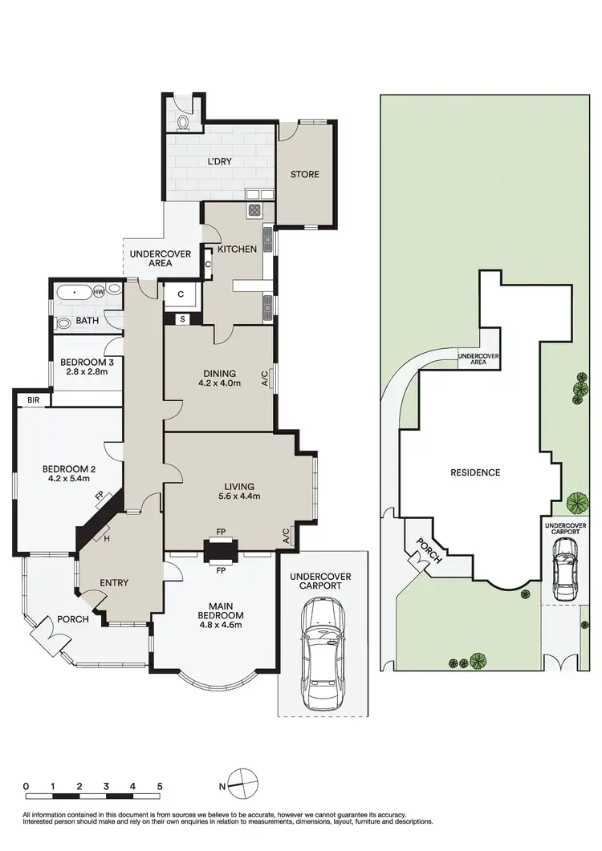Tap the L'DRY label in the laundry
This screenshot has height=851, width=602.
(219, 161)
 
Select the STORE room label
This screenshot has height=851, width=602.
(304, 174)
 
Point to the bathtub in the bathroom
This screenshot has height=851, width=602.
(74, 294)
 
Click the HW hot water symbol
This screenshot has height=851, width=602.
(99, 293)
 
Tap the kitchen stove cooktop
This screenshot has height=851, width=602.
(255, 211)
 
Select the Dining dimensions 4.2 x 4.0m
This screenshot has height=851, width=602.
(219, 384)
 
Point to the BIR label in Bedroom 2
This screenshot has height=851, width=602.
(33, 399)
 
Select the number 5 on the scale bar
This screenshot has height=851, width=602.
(160, 786)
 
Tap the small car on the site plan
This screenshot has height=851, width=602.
(566, 569)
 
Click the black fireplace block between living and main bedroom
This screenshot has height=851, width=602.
(218, 552)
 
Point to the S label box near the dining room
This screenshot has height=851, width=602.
(182, 319)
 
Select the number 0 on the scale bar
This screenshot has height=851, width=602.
(26, 786)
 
